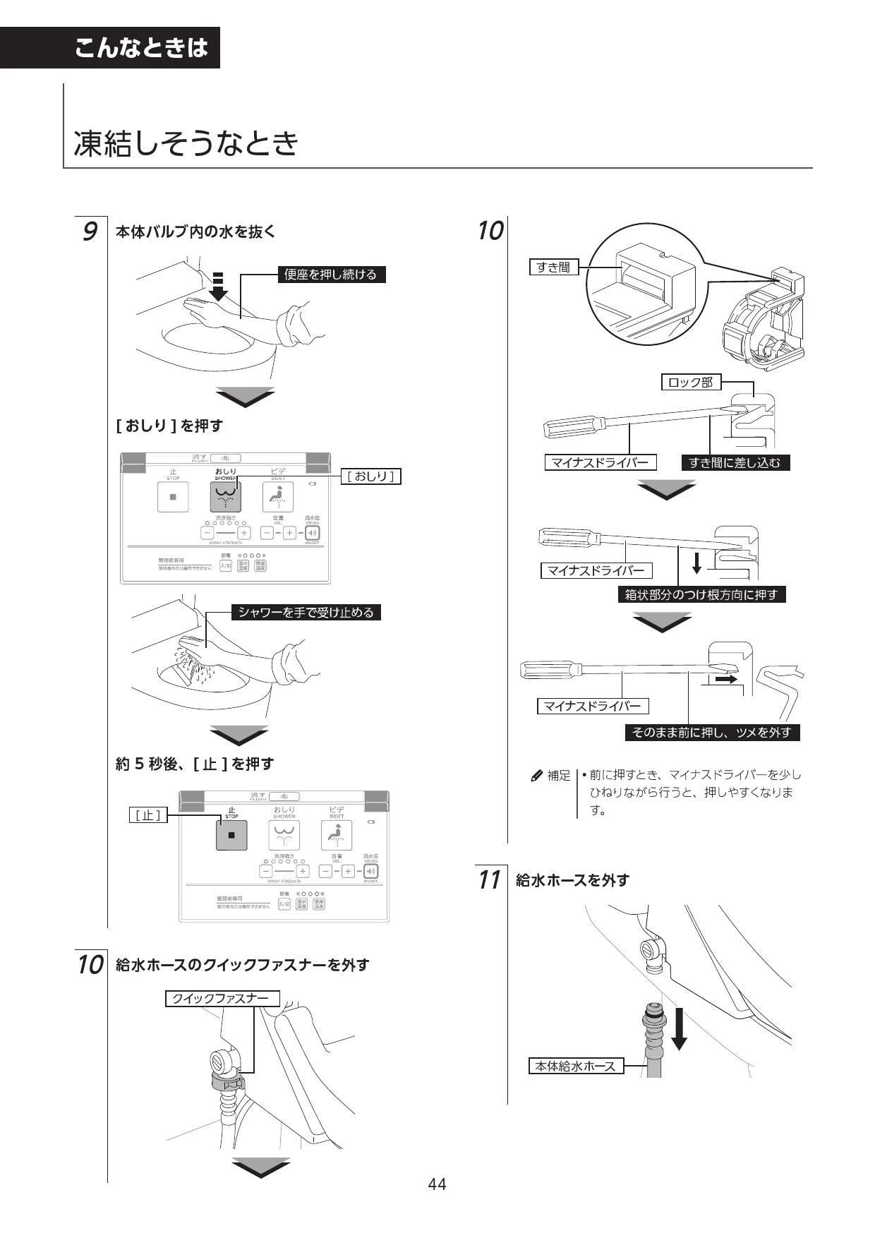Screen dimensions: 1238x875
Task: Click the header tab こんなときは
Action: (x=141, y=48)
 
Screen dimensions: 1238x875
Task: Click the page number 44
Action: (x=437, y=1184)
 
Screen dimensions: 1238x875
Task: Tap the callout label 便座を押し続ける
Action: (x=331, y=275)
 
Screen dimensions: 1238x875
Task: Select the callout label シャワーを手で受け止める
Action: (x=306, y=613)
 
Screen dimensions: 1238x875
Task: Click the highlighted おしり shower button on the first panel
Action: (x=226, y=497)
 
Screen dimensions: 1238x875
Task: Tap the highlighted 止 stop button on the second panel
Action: (x=231, y=836)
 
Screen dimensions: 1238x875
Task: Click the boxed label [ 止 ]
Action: (x=148, y=815)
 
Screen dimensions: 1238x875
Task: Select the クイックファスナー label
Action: (x=222, y=999)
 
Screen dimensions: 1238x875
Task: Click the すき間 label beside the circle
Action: (x=553, y=268)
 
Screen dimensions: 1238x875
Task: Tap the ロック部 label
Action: (x=691, y=383)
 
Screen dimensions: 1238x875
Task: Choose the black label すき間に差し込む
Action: (x=735, y=463)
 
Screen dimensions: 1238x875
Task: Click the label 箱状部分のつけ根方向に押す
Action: (x=701, y=595)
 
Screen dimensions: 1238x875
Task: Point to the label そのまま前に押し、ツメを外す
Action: (x=711, y=733)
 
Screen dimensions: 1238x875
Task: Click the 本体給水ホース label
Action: (x=576, y=1066)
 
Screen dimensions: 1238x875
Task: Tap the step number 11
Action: (x=489, y=880)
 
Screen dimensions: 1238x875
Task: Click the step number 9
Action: (x=90, y=232)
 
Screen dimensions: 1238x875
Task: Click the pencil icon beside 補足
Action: (x=536, y=776)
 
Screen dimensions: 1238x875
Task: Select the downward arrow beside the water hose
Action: (x=679, y=1029)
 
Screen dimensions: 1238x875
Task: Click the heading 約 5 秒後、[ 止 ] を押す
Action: (x=194, y=764)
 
